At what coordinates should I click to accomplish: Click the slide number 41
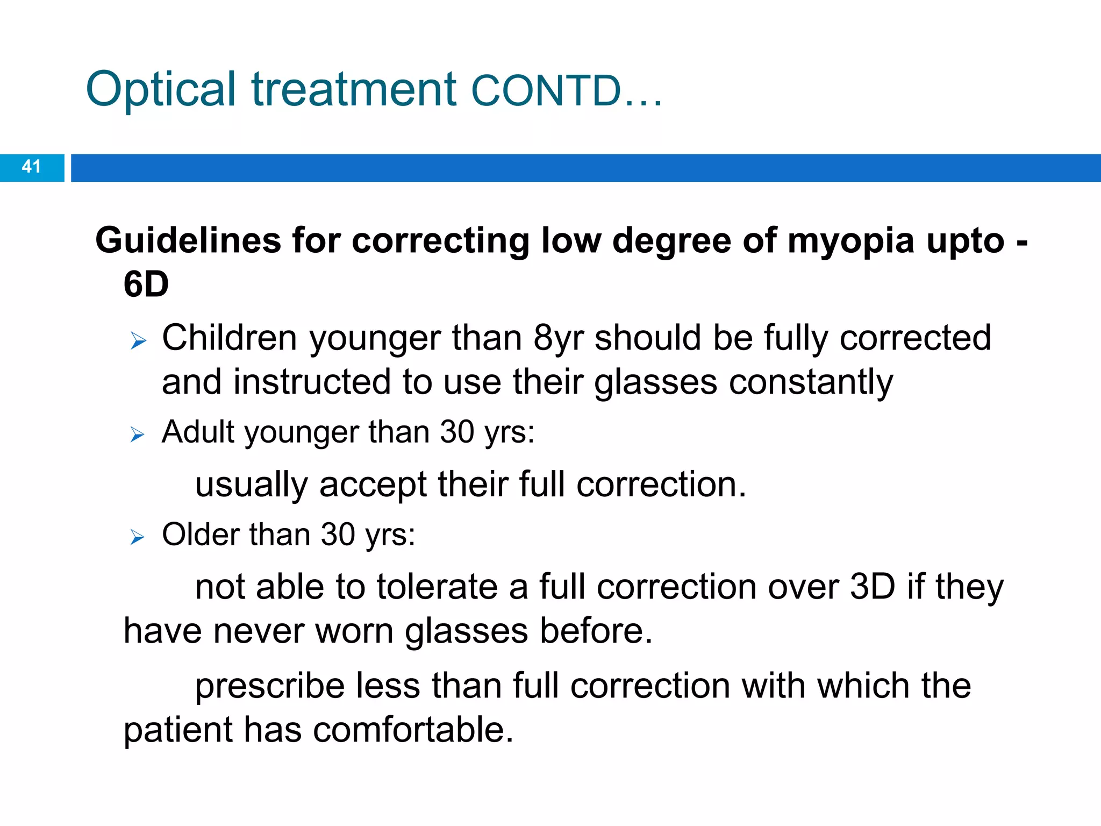[x=31, y=167]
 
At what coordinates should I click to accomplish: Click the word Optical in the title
[x=160, y=90]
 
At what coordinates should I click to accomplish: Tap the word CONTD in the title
[x=546, y=91]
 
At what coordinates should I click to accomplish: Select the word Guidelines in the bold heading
[x=188, y=240]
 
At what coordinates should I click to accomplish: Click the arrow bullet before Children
[x=138, y=341]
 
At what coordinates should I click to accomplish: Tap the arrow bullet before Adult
[x=138, y=434]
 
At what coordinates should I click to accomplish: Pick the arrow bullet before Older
[x=138, y=537]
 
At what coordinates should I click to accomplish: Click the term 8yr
[x=559, y=339]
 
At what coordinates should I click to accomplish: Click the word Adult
[x=198, y=432]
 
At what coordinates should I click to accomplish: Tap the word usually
[x=251, y=486]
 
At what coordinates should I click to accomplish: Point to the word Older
[x=200, y=535]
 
